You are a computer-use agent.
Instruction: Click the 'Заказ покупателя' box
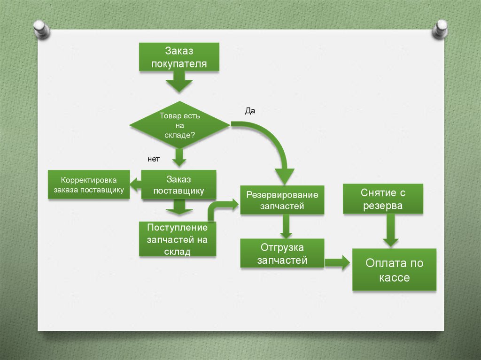[179, 57]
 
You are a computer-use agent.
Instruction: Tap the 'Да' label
[250, 111]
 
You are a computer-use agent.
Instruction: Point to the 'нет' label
[154, 159]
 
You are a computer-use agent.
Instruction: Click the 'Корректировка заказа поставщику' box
[89, 185]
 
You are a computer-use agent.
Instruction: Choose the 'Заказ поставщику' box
[178, 185]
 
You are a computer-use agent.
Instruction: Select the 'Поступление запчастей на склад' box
[178, 239]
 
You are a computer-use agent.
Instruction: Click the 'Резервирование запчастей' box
[282, 200]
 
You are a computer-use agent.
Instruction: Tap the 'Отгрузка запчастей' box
[282, 253]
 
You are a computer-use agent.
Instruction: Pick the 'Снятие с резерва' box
[383, 199]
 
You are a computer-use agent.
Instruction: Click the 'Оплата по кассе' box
[394, 270]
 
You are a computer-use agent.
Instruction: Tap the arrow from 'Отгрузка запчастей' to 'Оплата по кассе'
[337, 263]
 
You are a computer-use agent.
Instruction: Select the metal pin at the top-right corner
[440, 29]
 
